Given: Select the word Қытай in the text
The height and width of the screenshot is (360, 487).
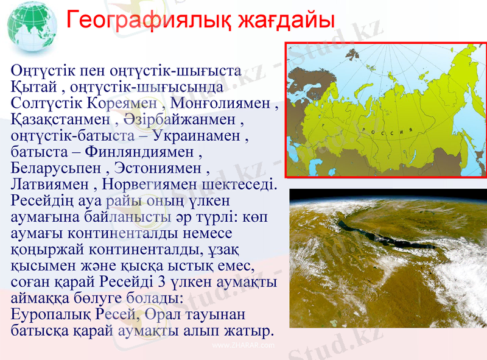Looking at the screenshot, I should (35, 86).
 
